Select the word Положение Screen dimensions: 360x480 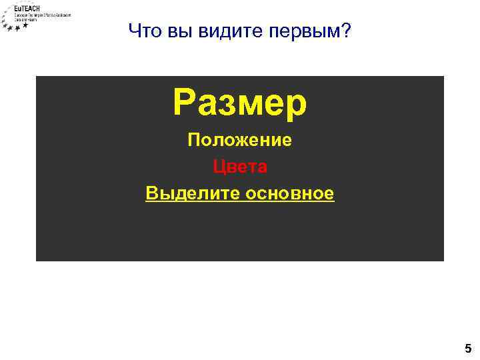240,141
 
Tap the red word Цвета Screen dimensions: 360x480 240,166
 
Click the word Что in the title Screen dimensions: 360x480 141,31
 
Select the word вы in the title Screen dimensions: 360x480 169,31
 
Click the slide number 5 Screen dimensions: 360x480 468,348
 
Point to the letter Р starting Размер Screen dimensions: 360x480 185,103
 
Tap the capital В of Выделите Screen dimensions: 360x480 151,193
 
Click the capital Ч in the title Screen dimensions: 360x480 134,31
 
